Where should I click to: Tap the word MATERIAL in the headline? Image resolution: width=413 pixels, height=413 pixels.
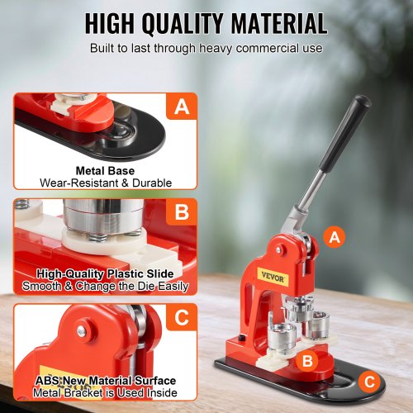click(279, 23)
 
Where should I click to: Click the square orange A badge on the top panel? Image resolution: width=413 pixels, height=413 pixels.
click(182, 107)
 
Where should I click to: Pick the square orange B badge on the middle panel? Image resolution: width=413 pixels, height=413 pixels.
click(182, 211)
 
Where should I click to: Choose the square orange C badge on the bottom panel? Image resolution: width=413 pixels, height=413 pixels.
click(182, 317)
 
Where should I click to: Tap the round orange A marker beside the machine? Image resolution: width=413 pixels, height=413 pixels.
click(335, 237)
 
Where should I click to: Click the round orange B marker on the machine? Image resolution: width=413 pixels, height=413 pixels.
click(307, 361)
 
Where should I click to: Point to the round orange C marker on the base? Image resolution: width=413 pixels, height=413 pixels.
click(369, 382)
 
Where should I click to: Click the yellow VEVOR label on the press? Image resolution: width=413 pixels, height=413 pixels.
click(273, 277)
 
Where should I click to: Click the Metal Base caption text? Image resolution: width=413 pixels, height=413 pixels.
click(105, 171)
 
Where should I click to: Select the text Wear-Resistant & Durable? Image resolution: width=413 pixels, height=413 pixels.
click(106, 183)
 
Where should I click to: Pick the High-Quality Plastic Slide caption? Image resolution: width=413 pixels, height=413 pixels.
click(105, 274)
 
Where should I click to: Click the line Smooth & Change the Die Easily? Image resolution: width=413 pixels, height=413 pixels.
click(105, 287)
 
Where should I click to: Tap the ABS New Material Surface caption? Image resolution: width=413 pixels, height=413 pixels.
click(106, 381)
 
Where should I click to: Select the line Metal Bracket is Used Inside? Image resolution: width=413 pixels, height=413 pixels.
click(105, 393)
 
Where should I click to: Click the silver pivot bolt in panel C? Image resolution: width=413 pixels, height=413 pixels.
click(82, 331)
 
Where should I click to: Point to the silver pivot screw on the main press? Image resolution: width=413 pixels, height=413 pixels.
click(279, 249)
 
